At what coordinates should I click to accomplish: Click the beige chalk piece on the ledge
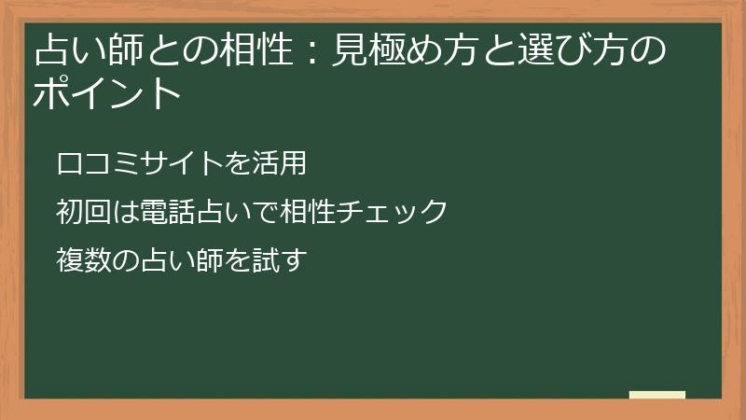point(656,395)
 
